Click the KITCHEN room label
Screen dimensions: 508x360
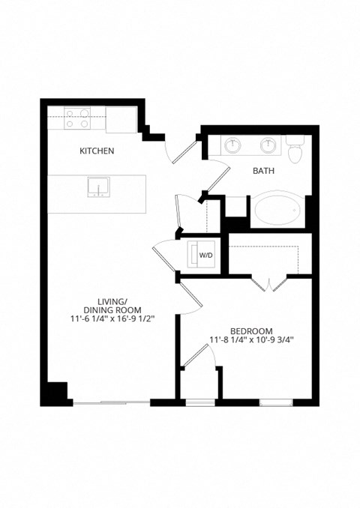(x=97, y=151)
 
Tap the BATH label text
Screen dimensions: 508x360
(x=262, y=171)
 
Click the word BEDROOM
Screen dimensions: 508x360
(x=251, y=330)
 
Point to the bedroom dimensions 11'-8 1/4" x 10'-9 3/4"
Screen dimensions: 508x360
(x=251, y=339)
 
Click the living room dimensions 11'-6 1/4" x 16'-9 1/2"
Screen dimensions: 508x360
(x=109, y=317)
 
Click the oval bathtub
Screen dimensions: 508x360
(x=278, y=210)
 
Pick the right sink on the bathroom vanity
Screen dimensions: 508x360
(x=268, y=144)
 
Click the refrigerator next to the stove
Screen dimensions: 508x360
(x=120, y=119)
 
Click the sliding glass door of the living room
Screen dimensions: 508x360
(x=111, y=404)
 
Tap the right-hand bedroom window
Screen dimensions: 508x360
(x=276, y=403)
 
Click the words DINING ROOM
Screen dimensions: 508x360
(x=109, y=308)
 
